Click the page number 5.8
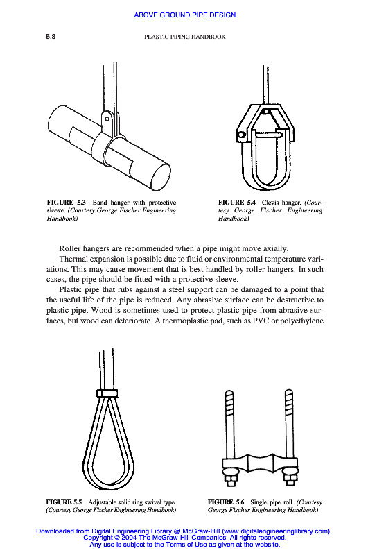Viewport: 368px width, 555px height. click(x=51, y=37)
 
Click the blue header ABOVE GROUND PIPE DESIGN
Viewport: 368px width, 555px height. click(x=184, y=15)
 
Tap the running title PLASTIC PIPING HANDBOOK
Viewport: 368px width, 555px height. click(x=184, y=37)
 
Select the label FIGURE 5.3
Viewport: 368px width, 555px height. click(x=66, y=203)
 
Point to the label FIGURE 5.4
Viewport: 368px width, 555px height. click(x=237, y=203)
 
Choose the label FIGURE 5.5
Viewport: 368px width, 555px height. click(x=64, y=502)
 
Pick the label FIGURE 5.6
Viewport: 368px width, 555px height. click(x=226, y=502)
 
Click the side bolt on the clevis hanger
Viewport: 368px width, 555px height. click(x=241, y=135)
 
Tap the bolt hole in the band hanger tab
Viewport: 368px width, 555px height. click(x=107, y=119)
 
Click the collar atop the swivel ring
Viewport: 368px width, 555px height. click(x=107, y=393)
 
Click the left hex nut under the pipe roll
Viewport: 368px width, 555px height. click(x=229, y=479)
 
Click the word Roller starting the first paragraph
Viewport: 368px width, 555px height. click(x=69, y=248)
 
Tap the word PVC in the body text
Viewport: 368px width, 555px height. click(x=261, y=321)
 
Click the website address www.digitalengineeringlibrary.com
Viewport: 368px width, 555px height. click(x=276, y=531)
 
